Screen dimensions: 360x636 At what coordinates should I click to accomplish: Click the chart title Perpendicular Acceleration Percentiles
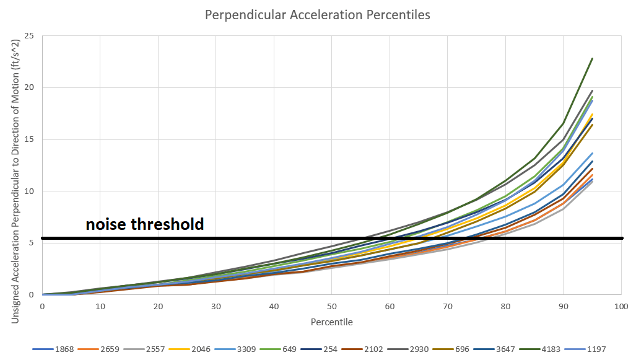[x=318, y=14]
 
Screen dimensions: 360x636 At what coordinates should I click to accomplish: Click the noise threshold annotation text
[x=145, y=224]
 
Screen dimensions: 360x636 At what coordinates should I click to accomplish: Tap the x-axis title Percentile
[x=331, y=322]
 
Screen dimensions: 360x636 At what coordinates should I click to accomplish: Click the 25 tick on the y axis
[x=28, y=36]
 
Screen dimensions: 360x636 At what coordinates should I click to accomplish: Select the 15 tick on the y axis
[x=28, y=139]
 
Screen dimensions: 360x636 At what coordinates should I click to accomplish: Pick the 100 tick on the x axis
[x=621, y=307]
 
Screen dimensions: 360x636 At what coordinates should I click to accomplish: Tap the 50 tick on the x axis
[x=331, y=307]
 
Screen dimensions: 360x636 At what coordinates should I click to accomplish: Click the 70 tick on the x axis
[x=447, y=307]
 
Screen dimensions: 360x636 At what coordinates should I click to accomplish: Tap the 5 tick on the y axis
[x=31, y=243]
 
